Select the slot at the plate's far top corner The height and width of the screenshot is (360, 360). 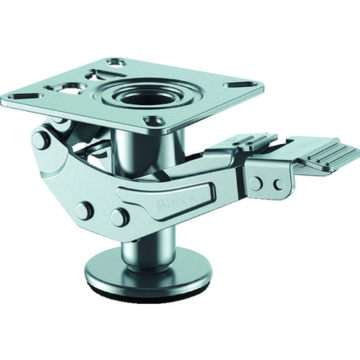click(x=115, y=60)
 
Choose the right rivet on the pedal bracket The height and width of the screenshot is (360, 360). click(x=278, y=182)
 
